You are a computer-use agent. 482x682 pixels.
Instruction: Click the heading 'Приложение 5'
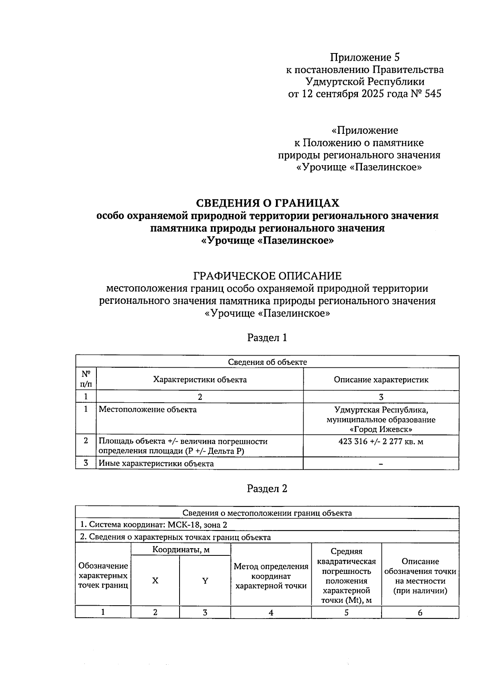(365, 57)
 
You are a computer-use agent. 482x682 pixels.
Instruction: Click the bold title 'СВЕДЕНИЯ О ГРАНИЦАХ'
(267, 203)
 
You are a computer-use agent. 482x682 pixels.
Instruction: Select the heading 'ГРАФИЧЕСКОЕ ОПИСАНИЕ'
(267, 276)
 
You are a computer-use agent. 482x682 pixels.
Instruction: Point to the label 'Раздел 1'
(267, 338)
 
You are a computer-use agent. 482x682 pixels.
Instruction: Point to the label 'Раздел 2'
(267, 489)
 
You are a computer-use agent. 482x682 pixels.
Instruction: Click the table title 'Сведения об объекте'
(267, 362)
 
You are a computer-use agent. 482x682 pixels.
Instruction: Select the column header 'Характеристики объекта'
(200, 379)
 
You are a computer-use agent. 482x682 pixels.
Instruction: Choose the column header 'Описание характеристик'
(381, 379)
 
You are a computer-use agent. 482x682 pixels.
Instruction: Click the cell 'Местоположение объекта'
(148, 410)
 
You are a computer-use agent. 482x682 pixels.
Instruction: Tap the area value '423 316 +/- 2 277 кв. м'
(381, 441)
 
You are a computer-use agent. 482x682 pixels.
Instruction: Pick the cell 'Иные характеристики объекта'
(156, 463)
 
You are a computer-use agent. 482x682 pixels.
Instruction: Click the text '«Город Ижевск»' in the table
(381, 429)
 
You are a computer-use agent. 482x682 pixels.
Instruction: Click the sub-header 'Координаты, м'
(181, 549)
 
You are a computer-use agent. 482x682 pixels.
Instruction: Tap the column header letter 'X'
(155, 581)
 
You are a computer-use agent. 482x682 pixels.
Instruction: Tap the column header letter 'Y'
(205, 581)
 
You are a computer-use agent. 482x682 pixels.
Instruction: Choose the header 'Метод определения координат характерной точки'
(271, 576)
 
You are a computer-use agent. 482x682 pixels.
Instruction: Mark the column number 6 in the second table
(420, 612)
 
